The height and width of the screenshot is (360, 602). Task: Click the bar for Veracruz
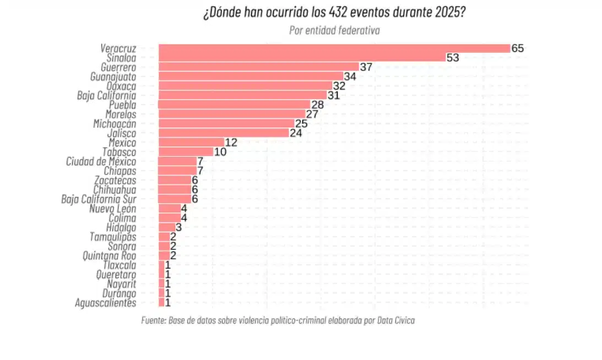334,48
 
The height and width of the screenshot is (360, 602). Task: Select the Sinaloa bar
301,58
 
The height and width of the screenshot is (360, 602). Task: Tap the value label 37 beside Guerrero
366,67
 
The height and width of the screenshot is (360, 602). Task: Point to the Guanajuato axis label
113,77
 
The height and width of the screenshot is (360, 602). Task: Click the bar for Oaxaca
245,86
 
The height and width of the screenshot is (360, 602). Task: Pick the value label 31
334,95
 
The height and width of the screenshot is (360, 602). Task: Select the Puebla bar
234,105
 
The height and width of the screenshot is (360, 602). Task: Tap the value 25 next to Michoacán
301,123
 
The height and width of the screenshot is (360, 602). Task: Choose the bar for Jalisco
223,133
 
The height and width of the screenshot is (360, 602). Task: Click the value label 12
231,143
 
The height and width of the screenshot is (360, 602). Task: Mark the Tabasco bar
186,151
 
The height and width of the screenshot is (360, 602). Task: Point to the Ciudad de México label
101,161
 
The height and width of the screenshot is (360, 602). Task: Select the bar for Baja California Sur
175,199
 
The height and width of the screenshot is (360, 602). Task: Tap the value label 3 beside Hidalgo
178,227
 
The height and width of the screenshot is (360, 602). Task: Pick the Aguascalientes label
105,302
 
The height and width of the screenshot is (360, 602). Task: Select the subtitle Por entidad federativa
334,30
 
